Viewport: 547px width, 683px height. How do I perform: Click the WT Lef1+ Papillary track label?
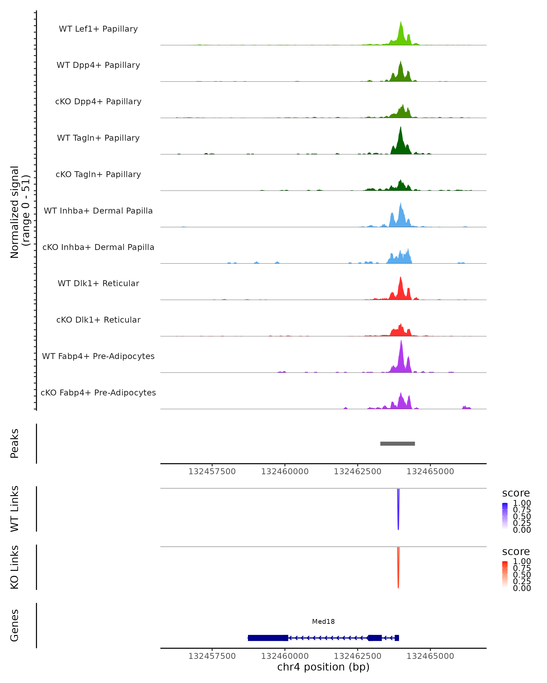click(98, 29)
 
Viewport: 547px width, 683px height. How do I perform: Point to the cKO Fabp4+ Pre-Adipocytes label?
click(98, 392)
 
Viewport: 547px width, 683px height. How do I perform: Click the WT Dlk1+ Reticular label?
click(98, 283)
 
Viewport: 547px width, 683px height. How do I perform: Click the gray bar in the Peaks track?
click(397, 443)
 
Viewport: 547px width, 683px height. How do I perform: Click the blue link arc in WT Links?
click(398, 510)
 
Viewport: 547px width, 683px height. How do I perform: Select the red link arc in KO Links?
click(398, 569)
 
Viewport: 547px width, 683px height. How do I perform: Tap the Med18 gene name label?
click(323, 622)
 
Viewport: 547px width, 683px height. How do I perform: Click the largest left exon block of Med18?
click(268, 638)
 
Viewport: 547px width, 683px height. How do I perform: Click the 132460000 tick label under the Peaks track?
click(285, 471)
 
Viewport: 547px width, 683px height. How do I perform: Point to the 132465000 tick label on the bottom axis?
click(430, 656)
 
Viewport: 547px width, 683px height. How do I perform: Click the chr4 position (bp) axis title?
click(323, 667)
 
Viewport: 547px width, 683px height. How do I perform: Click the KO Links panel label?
click(15, 567)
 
